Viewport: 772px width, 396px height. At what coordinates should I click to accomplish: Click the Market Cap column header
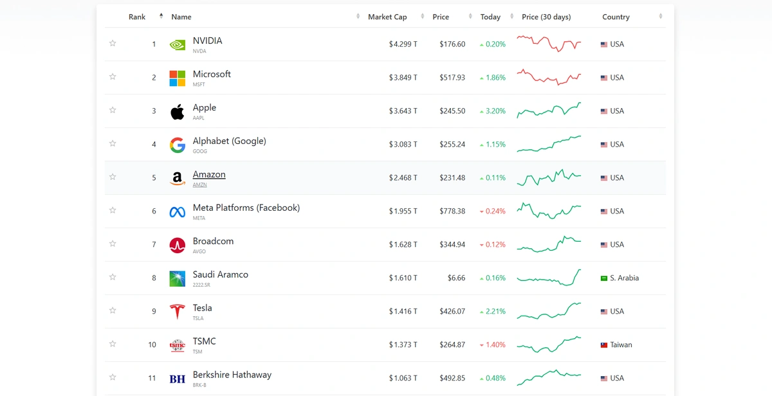tap(387, 17)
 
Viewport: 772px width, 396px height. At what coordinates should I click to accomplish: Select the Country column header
tap(616, 17)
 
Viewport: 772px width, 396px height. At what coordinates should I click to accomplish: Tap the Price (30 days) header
tap(546, 17)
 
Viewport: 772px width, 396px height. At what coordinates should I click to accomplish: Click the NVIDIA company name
tap(207, 40)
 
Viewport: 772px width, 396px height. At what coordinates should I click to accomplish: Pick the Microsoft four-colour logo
tap(177, 78)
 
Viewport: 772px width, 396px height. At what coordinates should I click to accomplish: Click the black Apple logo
tap(177, 111)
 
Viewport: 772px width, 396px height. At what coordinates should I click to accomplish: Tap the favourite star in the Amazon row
tap(113, 177)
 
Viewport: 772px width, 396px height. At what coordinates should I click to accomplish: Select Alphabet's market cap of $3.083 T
tap(403, 145)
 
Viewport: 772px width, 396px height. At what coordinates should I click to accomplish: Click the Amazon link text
tap(209, 174)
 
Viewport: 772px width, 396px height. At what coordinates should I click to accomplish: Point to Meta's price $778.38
tap(452, 212)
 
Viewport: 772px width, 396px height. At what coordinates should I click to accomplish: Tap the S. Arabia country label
tap(624, 278)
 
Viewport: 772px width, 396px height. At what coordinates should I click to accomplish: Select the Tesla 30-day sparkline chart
tap(549, 311)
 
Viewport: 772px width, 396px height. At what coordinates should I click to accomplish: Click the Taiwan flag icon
tap(604, 345)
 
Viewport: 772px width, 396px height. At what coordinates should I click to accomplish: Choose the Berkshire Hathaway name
tap(232, 375)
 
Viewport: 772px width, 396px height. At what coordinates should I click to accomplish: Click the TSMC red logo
tap(177, 345)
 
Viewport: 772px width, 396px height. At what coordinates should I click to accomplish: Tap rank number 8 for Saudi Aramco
tap(154, 278)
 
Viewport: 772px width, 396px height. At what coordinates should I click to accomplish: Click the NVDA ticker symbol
tap(199, 51)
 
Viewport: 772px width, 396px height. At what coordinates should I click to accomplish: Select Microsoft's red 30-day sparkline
tap(549, 77)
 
